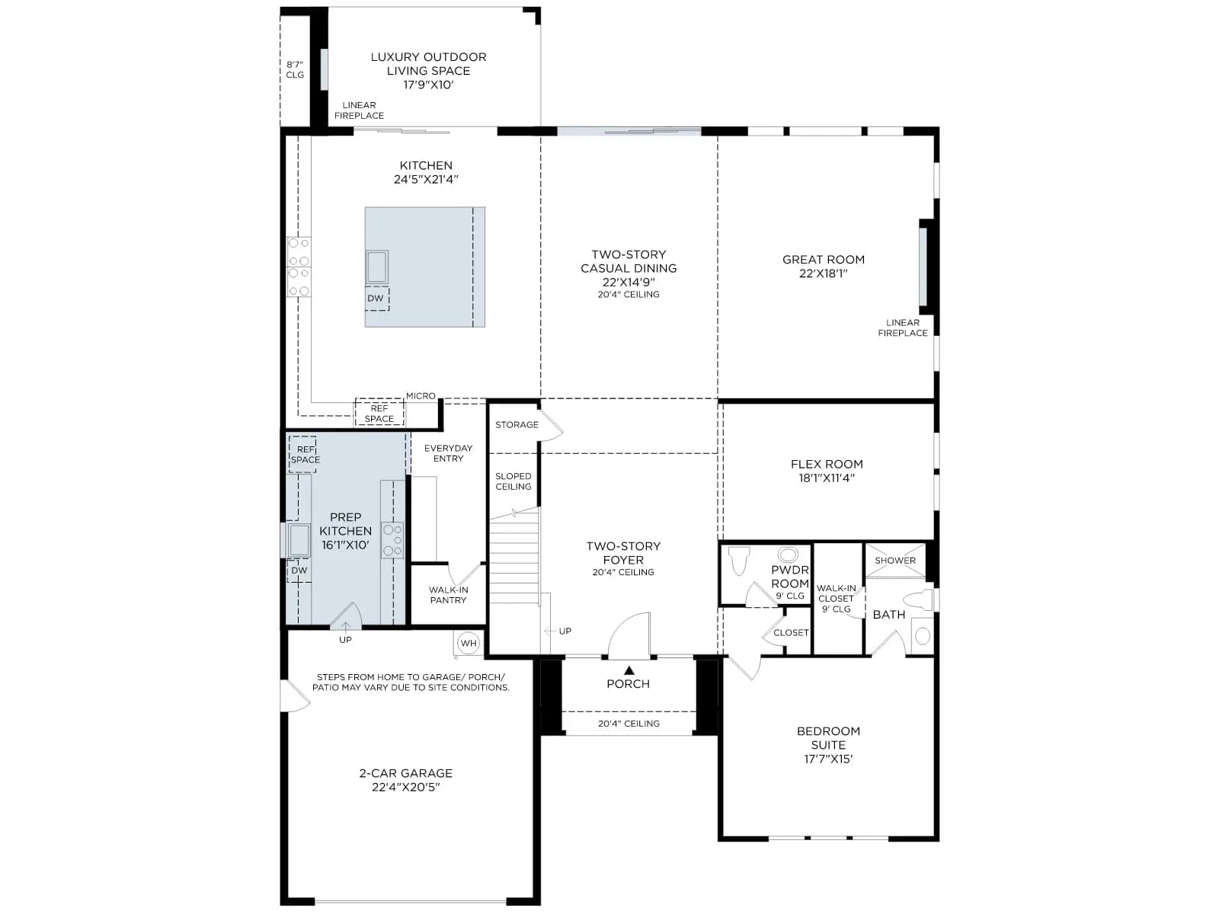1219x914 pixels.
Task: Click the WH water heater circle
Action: [468, 643]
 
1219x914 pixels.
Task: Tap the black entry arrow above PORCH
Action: [629, 670]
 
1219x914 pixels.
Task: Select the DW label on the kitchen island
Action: [376, 298]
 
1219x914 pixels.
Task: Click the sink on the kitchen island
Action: [376, 267]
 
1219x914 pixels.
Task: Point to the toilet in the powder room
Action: [739, 561]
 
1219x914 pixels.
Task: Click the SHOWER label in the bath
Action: [895, 561]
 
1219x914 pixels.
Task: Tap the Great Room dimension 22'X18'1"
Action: [823, 273]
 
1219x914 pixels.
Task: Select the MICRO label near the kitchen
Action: [421, 395]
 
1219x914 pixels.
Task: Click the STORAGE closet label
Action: [517, 424]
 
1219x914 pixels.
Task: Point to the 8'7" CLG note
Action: [295, 70]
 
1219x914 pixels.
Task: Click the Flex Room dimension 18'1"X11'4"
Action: [827, 478]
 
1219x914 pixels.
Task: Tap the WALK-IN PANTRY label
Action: [448, 595]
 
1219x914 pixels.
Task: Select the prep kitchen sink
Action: [299, 540]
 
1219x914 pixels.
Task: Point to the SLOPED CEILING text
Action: [514, 481]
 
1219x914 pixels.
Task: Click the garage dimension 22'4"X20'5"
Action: [406, 787]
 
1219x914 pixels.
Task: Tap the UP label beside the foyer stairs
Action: [565, 631]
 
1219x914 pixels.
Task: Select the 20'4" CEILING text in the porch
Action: [629, 724]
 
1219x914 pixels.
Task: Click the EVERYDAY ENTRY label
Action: [448, 453]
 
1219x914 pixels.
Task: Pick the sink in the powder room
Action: [788, 554]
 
